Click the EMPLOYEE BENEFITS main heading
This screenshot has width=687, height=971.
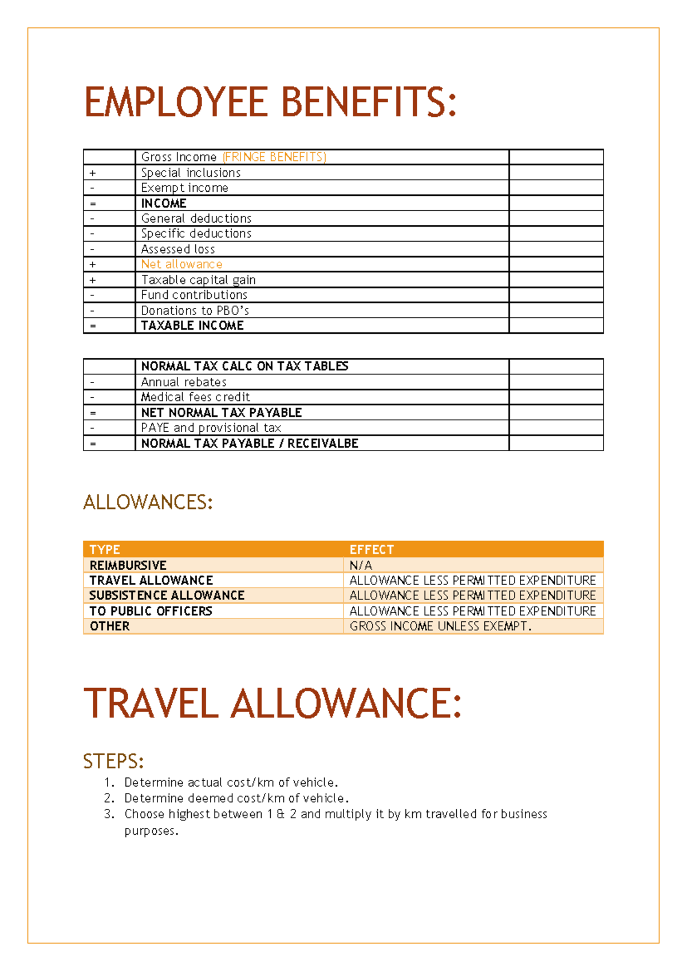(270, 102)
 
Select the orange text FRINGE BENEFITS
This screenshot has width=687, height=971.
(274, 157)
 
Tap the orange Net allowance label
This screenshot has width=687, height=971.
(181, 265)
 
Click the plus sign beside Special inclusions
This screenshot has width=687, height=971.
(93, 173)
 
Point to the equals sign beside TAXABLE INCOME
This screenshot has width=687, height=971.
(93, 326)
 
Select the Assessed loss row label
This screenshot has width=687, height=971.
(178, 249)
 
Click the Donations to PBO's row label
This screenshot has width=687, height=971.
(195, 310)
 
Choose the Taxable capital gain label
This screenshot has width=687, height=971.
(198, 280)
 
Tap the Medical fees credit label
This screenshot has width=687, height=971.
(195, 397)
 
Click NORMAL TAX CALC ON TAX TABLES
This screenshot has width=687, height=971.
(244, 366)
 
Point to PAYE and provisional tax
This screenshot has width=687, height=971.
(211, 428)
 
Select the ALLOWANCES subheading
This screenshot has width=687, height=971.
(148, 502)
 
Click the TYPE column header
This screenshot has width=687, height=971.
(105, 550)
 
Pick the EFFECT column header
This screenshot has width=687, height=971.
(372, 550)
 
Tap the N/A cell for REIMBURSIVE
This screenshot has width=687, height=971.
(361, 565)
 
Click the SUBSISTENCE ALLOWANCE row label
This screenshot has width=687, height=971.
(167, 595)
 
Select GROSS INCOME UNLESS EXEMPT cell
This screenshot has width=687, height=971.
(440, 626)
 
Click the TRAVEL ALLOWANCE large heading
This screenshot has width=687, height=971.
(272, 704)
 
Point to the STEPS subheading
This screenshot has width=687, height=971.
(113, 761)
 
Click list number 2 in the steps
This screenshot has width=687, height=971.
(109, 798)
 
